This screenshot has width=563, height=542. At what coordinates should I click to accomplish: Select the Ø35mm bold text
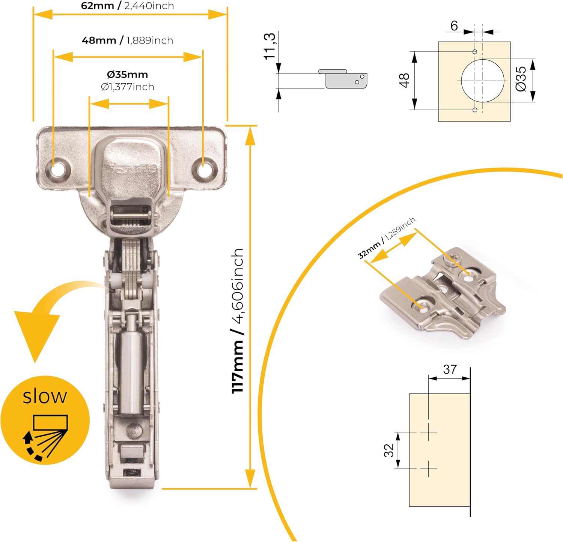click(127, 74)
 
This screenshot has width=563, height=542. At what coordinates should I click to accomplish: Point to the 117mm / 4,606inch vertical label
click(238, 321)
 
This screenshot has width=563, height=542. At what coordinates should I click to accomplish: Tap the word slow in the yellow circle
click(45, 396)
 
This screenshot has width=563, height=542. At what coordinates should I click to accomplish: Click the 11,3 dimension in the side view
click(269, 46)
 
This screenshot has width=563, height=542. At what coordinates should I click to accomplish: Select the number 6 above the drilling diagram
click(454, 26)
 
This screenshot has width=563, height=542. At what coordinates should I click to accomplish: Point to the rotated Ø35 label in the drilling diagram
click(521, 79)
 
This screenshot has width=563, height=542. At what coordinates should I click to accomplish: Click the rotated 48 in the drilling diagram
click(405, 81)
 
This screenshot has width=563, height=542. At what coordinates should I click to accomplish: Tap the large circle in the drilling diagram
click(483, 81)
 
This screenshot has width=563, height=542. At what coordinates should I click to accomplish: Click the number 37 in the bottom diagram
click(450, 369)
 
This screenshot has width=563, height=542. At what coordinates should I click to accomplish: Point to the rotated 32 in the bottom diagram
click(389, 450)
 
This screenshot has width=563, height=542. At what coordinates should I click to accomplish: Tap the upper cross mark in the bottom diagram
click(428, 432)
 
